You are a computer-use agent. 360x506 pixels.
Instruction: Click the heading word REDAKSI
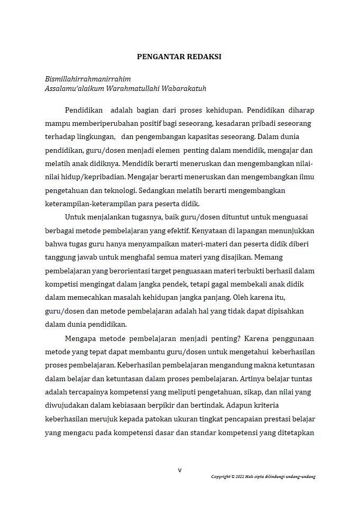[x=202, y=57]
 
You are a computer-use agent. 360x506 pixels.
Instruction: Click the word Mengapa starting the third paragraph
[x=81, y=339]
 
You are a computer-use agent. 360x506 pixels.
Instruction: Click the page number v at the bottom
[x=180, y=470]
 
